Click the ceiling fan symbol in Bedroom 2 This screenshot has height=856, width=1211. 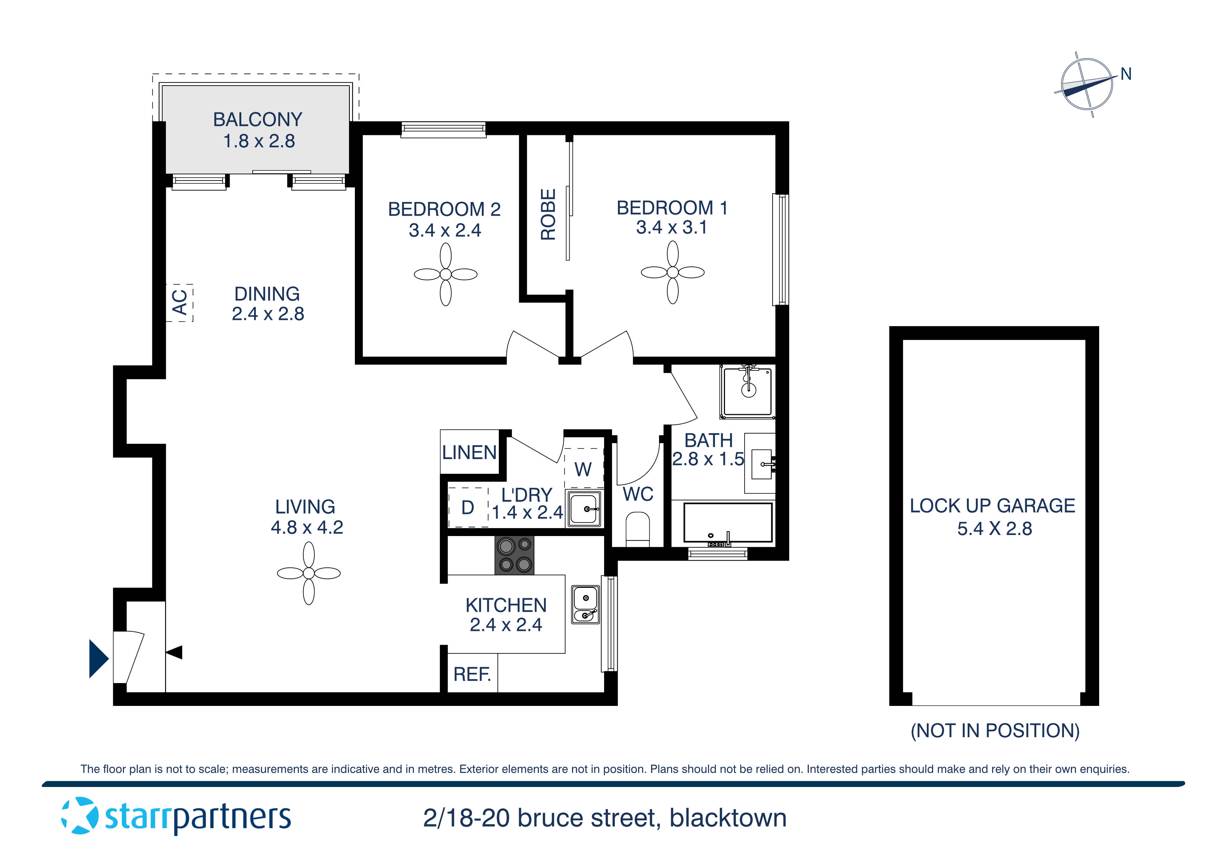click(445, 274)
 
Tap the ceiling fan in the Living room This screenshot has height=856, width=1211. click(309, 573)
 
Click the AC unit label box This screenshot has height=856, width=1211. click(180, 302)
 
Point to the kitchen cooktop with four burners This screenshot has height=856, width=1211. click(514, 555)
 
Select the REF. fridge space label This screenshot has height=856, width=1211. click(472, 674)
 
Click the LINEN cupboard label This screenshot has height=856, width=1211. click(469, 453)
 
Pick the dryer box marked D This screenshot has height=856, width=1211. click(468, 507)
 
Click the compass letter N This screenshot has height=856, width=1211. click(1126, 74)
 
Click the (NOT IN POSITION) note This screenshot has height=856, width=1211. click(995, 730)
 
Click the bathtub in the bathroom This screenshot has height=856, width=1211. click(728, 523)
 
